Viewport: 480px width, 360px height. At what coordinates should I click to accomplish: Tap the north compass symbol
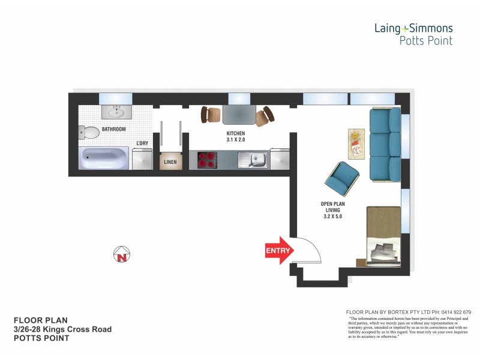122,256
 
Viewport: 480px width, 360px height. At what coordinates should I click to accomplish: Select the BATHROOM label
113,129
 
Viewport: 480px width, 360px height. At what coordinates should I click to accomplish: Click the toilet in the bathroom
89,131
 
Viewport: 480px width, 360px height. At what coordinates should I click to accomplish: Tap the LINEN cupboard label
170,162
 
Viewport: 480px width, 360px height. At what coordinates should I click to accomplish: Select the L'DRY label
142,143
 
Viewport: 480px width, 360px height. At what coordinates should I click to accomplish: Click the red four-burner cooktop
207,160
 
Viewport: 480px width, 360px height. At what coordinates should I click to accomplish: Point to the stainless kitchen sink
252,160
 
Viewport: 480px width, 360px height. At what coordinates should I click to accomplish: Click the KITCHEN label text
235,133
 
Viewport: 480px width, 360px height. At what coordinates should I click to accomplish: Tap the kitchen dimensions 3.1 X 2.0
235,140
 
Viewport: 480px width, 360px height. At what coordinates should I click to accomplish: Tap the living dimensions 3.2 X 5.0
333,217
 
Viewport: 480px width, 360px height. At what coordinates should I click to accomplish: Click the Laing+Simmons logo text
413,28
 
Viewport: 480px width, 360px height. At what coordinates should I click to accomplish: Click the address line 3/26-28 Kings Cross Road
62,329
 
